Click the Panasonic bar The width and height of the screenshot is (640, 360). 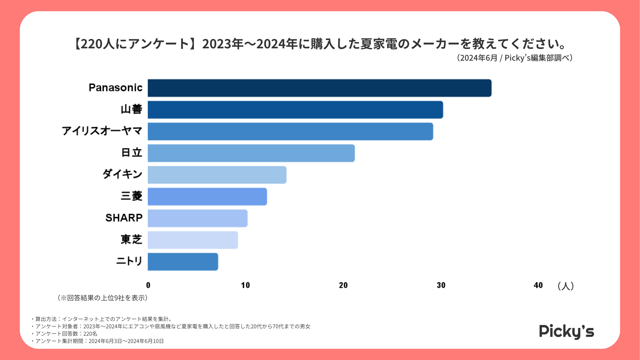tap(319, 88)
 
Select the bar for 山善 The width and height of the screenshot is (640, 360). tap(295, 110)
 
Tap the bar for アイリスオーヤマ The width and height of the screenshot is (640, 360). tap(290, 131)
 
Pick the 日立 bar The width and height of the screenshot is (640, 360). tap(251, 153)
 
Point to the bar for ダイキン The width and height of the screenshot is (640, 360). tap(217, 175)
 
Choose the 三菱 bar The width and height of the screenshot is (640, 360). tap(207, 196)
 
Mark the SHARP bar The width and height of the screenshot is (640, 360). tap(197, 218)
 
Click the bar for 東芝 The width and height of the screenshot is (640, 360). tap(193, 240)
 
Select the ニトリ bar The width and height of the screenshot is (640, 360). tap(183, 262)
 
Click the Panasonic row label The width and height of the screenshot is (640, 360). tap(115, 88)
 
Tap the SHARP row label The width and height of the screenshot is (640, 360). tap(124, 218)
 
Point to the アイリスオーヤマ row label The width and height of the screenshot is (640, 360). tap(102, 131)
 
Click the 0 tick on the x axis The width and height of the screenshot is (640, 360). tap(148, 285)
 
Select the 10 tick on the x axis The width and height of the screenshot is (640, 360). tap(245, 285)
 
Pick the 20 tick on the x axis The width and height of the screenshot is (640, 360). tap(343, 285)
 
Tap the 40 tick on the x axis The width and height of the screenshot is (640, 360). tap(538, 285)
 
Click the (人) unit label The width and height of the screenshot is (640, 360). tap(565, 286)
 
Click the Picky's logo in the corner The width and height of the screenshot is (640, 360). tap(566, 331)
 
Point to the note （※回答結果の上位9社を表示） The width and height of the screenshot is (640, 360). tap(103, 298)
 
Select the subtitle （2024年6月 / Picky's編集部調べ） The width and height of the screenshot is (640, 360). tap(515, 58)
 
